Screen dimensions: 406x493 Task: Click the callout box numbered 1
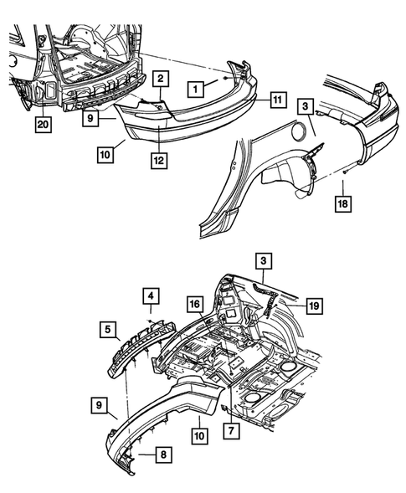click(x=196, y=89)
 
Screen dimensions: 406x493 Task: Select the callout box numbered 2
click(x=161, y=79)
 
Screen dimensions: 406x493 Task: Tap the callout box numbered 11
click(x=278, y=100)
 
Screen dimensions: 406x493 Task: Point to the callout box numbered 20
click(x=43, y=125)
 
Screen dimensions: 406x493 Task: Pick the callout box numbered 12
click(x=159, y=161)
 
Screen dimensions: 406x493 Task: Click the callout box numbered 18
click(x=342, y=203)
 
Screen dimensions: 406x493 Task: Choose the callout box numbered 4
click(x=151, y=295)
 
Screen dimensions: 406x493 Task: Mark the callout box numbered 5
click(x=108, y=329)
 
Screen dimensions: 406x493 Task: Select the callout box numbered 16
click(x=195, y=304)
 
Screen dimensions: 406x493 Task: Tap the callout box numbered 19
click(x=314, y=306)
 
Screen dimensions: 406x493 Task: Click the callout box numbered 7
click(x=231, y=430)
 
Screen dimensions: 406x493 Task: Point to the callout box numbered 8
click(x=163, y=454)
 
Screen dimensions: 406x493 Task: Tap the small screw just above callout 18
click(x=345, y=171)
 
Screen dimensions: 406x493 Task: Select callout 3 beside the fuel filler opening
click(x=305, y=106)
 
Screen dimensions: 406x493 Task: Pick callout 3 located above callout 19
click(x=263, y=260)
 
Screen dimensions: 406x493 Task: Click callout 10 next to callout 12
click(x=105, y=155)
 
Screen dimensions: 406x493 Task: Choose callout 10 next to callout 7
click(x=199, y=436)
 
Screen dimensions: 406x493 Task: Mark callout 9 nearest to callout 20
click(x=90, y=118)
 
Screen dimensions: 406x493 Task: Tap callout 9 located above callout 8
click(x=99, y=405)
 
